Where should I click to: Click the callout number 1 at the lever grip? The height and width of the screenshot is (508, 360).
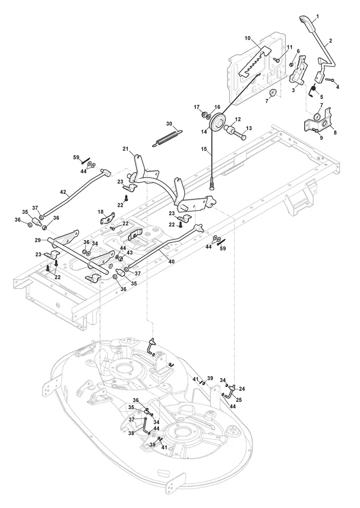coord(317,16)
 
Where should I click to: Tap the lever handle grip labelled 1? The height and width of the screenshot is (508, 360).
coord(306,24)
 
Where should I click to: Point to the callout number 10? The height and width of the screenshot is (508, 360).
coord(247,38)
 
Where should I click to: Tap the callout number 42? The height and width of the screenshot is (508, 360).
coord(63,192)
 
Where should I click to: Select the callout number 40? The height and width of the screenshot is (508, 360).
coord(171,261)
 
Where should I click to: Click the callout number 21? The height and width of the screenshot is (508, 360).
coord(125,149)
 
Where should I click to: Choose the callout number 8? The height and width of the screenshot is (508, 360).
coord(335,132)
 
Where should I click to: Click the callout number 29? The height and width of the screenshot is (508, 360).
coord(38,240)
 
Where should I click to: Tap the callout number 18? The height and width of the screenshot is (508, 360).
coord(101,212)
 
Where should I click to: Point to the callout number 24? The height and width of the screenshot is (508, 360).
coord(242,389)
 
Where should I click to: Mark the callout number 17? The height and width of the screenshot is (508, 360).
coord(196,107)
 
